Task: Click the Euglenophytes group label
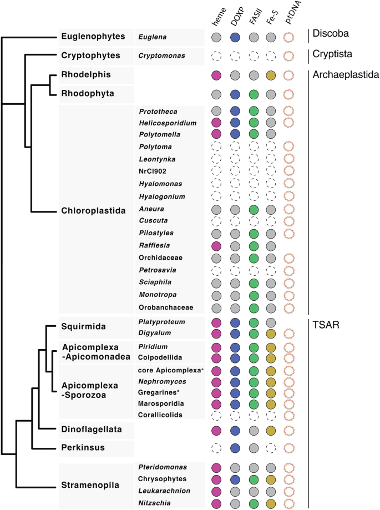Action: [x=93, y=38]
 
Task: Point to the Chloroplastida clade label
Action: [x=93, y=210]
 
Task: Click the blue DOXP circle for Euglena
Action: [x=235, y=38]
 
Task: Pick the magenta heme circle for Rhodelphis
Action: [x=216, y=75]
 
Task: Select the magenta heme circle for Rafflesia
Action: [x=216, y=245]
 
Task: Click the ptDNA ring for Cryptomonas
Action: [x=288, y=56]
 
